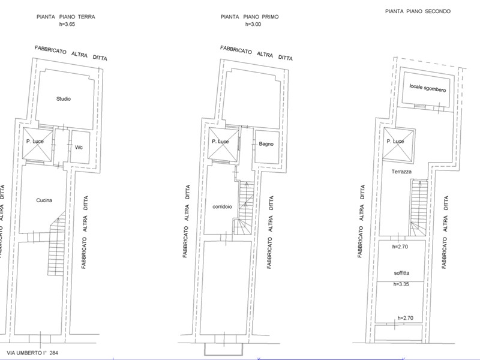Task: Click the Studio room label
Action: [x=64, y=99]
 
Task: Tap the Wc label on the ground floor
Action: [x=79, y=147]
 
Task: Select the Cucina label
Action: [x=44, y=200]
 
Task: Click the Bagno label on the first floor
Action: [x=266, y=144]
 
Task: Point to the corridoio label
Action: [x=222, y=206]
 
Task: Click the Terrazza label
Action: [x=401, y=172]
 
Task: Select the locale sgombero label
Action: [x=428, y=88]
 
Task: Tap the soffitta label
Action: [x=401, y=273]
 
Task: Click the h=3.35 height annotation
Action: [x=401, y=284]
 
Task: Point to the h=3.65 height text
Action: [x=67, y=24]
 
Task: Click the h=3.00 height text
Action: [x=253, y=24]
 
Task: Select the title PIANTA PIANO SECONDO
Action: [x=418, y=11]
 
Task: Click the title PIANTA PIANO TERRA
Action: [x=66, y=17]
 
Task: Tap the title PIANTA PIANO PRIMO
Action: [x=250, y=17]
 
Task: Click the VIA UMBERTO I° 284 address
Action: [x=32, y=353]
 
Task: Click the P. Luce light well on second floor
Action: [x=398, y=145]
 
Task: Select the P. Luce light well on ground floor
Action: [x=37, y=144]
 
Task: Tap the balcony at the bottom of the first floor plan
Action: [x=223, y=349]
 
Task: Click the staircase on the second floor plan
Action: [x=419, y=208]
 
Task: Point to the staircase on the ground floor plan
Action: [x=56, y=244]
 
